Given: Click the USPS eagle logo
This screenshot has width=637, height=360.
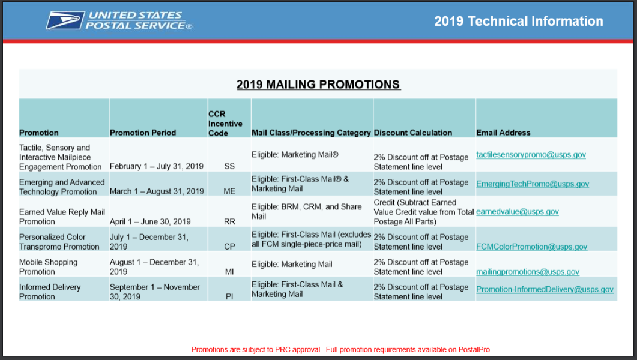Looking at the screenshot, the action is (65, 20).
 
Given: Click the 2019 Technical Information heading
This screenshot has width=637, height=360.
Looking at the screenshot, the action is (518, 21).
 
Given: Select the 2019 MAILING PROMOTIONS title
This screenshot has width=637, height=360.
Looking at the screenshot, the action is (318, 85).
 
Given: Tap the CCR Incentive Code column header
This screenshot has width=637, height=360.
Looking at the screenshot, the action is (225, 124).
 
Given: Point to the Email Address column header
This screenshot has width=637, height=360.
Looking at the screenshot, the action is (503, 133).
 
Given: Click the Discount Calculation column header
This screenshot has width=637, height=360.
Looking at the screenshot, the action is (412, 133).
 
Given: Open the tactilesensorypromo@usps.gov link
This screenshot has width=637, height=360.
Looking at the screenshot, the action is (531, 155).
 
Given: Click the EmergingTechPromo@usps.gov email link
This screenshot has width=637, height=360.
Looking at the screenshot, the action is (533, 184).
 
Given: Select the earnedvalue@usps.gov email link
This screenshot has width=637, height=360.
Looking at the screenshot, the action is (518, 211).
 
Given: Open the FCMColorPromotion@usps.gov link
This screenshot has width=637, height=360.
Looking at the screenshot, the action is (532, 247).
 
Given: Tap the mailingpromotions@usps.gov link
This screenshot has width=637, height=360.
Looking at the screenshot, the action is (528, 272).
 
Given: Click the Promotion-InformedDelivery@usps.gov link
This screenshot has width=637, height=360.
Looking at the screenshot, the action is (545, 289).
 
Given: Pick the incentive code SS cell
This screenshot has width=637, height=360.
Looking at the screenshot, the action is (229, 166).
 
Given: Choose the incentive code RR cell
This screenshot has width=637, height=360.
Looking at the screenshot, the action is (229, 221).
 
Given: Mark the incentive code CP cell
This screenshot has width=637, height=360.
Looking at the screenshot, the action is (229, 247).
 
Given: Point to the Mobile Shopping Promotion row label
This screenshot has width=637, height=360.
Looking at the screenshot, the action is (49, 266).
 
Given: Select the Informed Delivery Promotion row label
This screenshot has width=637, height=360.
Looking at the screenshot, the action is (50, 292).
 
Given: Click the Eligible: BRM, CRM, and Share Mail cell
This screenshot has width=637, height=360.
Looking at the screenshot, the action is (306, 211).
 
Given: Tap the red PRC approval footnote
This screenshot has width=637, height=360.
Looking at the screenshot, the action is (340, 349).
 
